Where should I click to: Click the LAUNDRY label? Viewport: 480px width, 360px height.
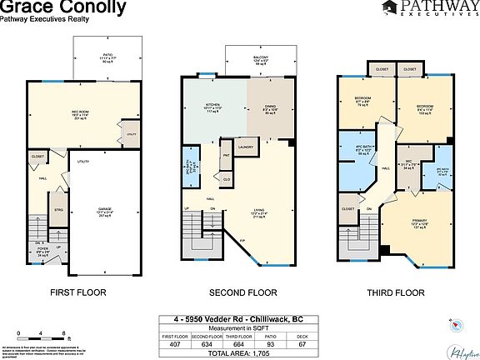tap(245, 147)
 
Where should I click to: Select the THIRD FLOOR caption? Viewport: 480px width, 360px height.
tap(396, 292)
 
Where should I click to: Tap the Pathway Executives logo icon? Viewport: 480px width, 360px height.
tap(389, 8)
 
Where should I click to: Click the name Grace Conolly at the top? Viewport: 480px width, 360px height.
tap(63, 8)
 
